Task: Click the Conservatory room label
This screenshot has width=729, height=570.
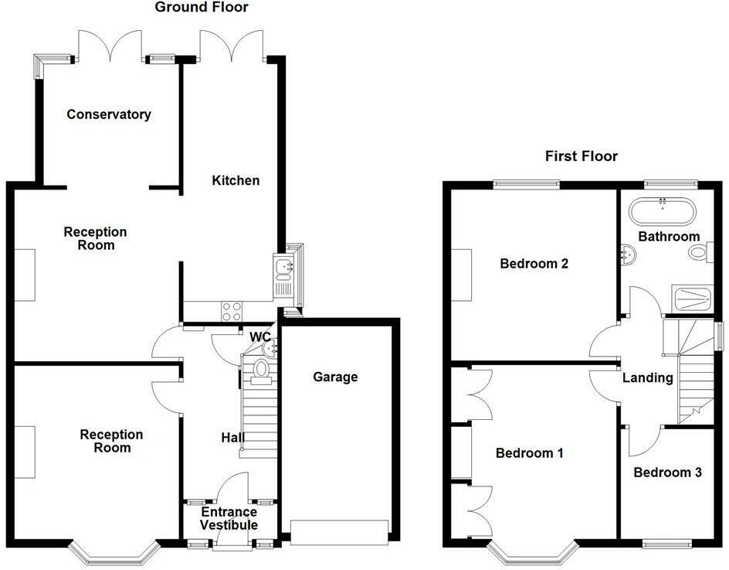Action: (109, 114)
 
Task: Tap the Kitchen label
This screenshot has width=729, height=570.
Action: (236, 181)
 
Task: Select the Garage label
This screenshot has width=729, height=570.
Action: (335, 377)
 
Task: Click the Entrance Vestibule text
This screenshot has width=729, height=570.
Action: (229, 518)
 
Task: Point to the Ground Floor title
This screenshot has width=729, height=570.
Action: (202, 7)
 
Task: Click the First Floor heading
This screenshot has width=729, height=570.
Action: (582, 156)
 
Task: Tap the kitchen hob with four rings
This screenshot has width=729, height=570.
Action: (232, 312)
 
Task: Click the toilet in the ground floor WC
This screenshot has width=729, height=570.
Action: (261, 371)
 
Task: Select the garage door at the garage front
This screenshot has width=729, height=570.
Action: (339, 532)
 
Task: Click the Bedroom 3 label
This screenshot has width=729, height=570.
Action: (668, 473)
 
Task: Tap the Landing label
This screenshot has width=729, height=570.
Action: (648, 377)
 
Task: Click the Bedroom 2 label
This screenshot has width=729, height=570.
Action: (534, 264)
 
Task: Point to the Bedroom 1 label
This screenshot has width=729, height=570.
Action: (530, 453)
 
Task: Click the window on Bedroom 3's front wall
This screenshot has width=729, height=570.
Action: (666, 544)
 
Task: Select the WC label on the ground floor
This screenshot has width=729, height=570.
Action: (260, 336)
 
